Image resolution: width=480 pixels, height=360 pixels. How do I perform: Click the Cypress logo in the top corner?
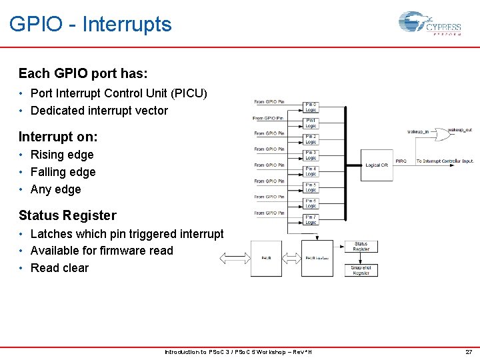430,24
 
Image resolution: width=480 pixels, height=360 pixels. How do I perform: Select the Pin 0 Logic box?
311,107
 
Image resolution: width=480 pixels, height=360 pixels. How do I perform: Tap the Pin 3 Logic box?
311,155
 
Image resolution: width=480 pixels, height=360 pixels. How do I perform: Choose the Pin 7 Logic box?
311,219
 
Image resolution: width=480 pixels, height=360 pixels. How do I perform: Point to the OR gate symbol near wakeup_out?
440,134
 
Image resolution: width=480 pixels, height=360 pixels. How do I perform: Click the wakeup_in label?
418,132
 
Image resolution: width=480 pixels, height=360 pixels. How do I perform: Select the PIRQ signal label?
401,161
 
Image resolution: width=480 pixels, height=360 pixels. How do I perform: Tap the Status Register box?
361,247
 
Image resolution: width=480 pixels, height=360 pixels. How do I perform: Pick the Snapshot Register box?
361,270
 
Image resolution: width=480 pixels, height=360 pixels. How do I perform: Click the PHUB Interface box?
317,258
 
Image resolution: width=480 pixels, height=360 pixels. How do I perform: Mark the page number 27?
467,352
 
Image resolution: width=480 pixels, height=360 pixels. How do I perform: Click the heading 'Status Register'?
67,215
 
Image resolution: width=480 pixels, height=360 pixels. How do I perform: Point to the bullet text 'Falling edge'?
63,172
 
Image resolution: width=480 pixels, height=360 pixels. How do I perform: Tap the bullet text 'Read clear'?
59,268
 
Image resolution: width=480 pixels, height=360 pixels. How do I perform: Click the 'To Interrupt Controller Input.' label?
445,161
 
